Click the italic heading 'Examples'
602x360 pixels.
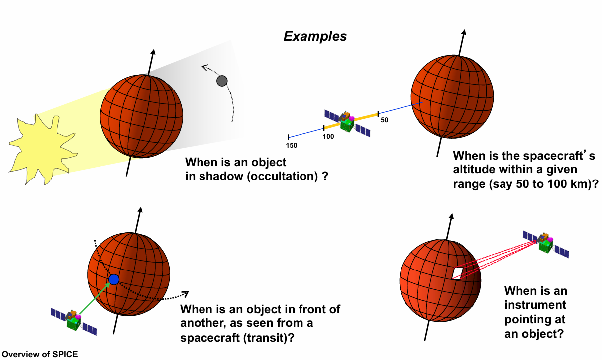315,36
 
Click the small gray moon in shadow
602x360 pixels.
222,81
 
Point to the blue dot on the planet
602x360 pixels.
114,279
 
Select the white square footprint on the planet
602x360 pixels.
457,272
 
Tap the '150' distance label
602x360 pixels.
292,145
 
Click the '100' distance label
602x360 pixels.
328,136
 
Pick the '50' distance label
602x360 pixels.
384,120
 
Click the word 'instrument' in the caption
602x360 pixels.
535,304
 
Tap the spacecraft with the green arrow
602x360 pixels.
74,320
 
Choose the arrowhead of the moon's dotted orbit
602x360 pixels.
203,67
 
